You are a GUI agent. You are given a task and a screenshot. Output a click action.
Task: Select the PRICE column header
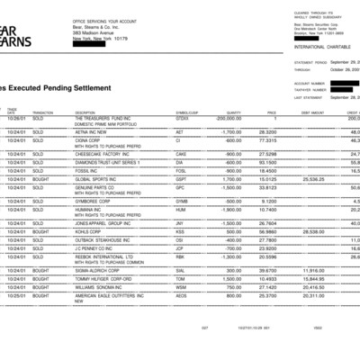point(271,112)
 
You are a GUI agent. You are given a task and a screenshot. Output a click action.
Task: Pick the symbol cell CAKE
point(181,155)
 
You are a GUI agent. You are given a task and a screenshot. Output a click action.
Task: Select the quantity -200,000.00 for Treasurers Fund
point(229,118)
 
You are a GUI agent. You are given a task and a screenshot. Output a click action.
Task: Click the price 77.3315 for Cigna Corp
point(267,140)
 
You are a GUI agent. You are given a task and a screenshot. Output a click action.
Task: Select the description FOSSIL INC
point(86,169)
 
